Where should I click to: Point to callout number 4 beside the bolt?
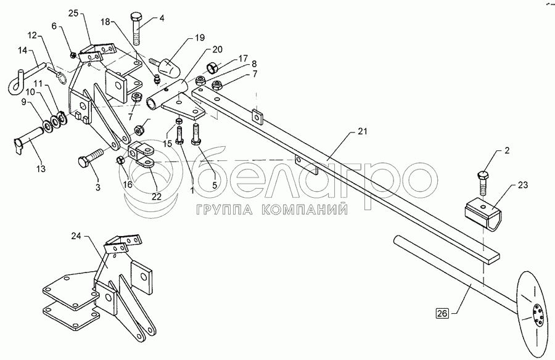162,18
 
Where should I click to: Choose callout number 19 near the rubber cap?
200,38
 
